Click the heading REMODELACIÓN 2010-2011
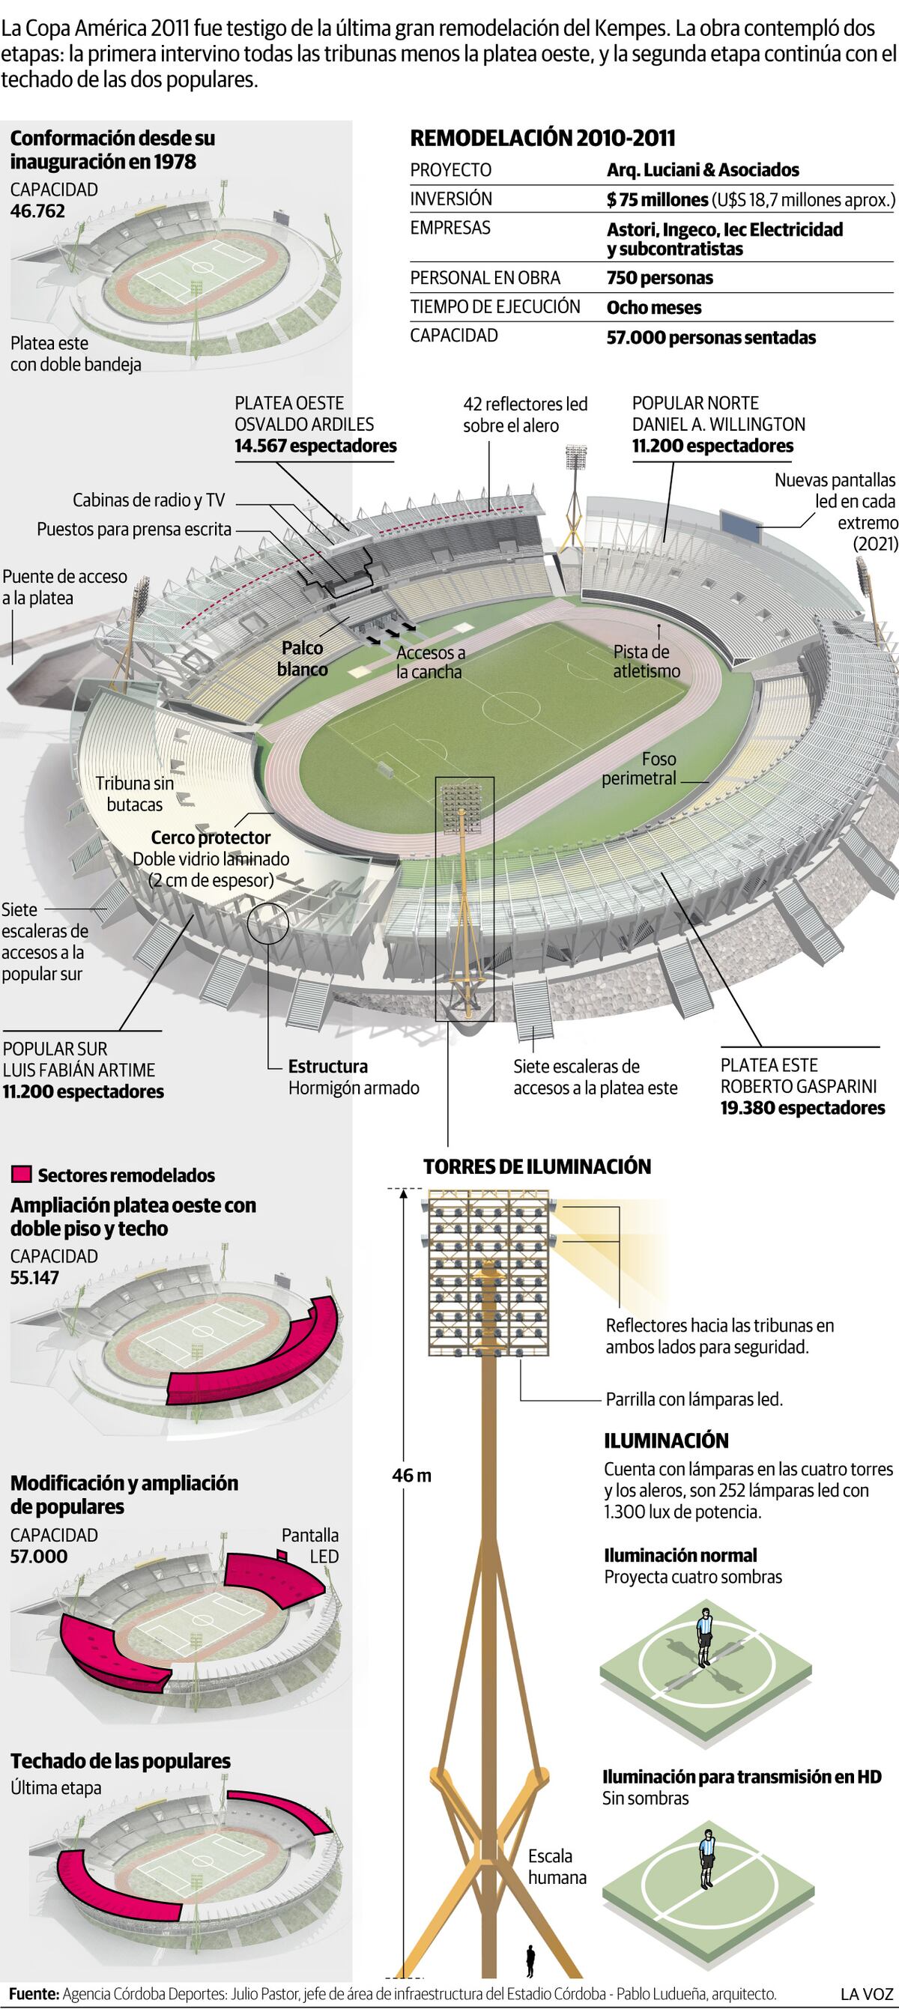[x=542, y=138]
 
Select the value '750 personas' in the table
[x=659, y=278]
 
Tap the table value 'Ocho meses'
[x=654, y=307]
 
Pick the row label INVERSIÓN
[x=452, y=199]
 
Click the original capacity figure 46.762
[x=37, y=211]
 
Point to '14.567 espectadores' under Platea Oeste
[x=316, y=446]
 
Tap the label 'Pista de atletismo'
[x=647, y=661]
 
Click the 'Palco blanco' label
[x=303, y=658]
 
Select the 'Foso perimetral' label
[x=639, y=769]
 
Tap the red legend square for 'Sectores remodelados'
[x=22, y=1175]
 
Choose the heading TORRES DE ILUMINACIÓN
[x=537, y=1167]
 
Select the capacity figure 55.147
[x=34, y=1277]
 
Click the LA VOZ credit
[x=867, y=1993]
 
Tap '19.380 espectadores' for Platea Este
[x=802, y=1108]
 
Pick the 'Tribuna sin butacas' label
[x=135, y=794]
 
